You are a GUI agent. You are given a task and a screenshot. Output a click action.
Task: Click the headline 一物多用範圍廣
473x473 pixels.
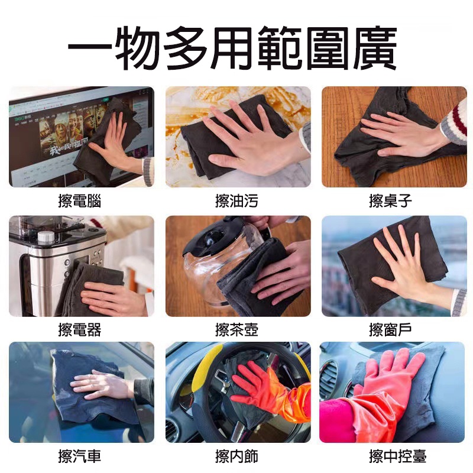click(232, 48)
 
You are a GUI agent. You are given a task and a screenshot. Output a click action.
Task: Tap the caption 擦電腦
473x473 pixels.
click(80, 201)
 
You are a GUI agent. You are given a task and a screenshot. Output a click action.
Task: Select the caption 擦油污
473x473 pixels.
click(237, 201)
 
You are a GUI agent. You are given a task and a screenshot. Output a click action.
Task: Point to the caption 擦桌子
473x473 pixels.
click(391, 201)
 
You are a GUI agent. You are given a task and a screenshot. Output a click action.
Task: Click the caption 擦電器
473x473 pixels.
click(80, 329)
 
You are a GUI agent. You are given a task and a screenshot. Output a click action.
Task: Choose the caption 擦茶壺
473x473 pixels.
click(237, 329)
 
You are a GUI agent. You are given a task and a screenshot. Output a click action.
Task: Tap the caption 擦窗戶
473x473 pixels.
click(391, 329)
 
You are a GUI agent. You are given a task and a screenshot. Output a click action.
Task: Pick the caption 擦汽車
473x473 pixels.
click(80, 456)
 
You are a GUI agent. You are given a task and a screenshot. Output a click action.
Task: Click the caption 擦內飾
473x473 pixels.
click(237, 456)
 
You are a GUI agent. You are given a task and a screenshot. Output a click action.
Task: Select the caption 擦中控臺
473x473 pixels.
click(398, 456)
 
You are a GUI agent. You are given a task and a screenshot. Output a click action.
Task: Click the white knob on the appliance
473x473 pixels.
click(46, 238)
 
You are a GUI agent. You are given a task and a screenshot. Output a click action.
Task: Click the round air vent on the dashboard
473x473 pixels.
click(329, 375)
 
